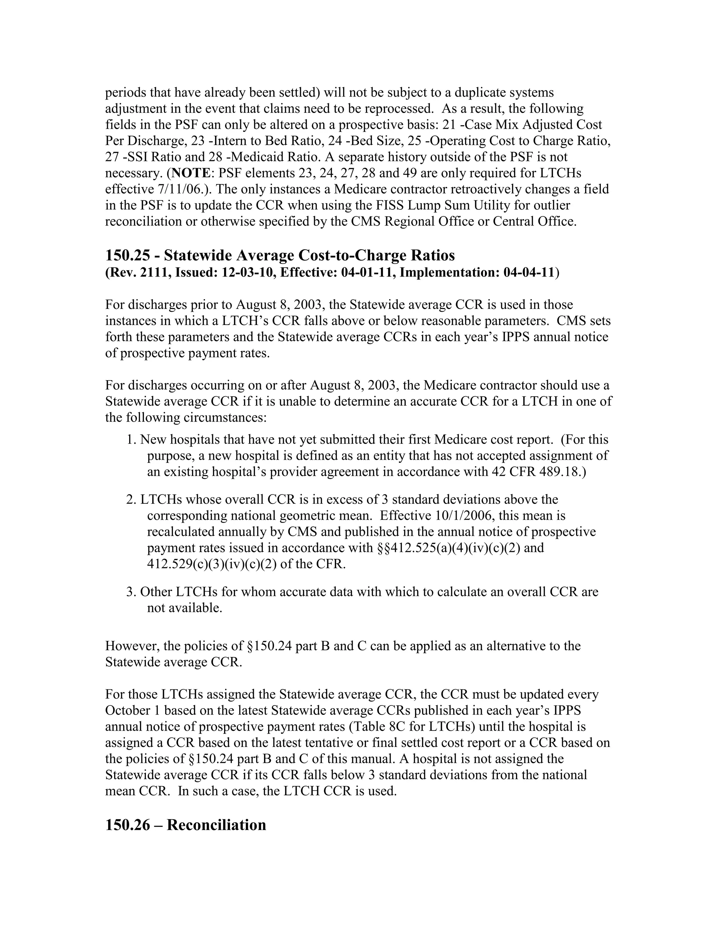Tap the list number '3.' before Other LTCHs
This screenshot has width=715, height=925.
[131, 592]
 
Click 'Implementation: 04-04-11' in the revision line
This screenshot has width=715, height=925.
[477, 272]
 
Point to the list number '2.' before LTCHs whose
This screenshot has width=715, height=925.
[131, 500]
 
